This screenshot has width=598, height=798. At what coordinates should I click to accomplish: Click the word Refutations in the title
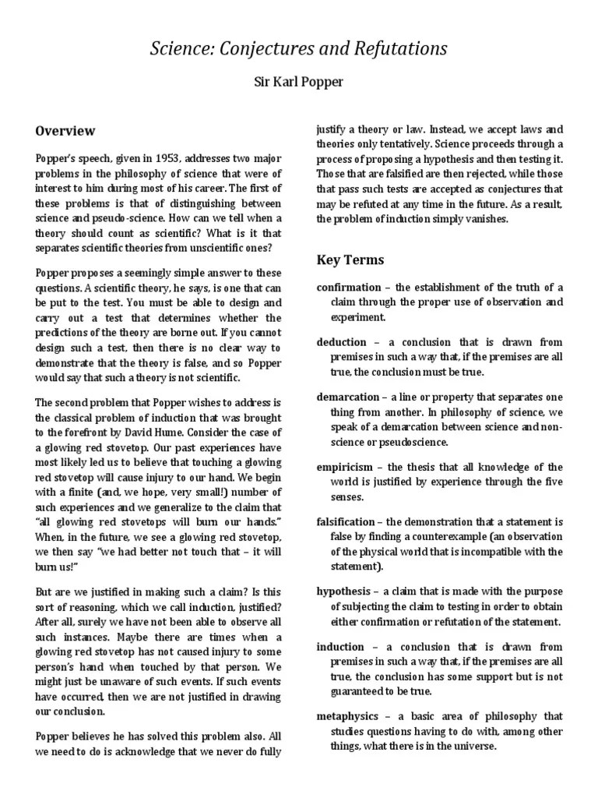coord(399,49)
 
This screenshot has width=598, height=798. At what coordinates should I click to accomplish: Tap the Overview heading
coord(65,131)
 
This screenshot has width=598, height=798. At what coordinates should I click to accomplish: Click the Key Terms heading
coord(350,260)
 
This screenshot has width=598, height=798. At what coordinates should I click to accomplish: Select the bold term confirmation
coord(349,288)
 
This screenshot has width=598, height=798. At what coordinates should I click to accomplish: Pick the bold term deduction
coord(342,342)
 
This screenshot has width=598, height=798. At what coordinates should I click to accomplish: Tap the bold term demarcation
coord(348,397)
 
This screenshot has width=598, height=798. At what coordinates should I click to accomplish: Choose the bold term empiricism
coord(346,467)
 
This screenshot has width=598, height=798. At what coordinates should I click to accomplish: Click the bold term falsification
coord(348,521)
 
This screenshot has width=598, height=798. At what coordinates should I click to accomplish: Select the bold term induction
coord(341,646)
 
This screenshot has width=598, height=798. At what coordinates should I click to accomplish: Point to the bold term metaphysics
coord(348,716)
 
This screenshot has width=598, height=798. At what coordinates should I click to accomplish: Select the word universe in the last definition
coord(471,747)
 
